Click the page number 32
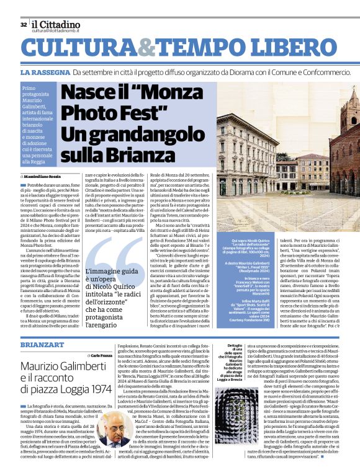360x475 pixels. pos(24,24)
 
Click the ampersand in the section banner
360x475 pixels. pos(146,49)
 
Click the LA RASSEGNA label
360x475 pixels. pos(45,73)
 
